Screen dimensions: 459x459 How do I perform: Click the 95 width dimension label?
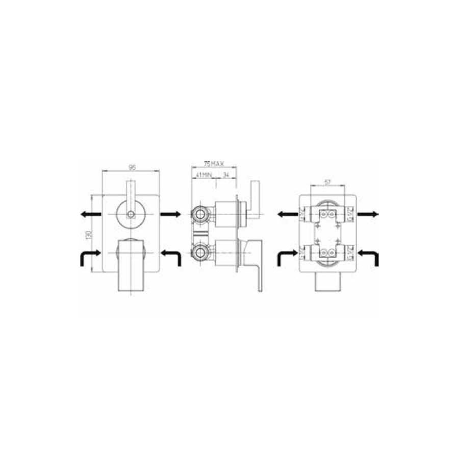pos(132,167)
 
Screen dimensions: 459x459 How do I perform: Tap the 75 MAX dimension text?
pos(214,164)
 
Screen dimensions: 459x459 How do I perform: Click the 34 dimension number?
pos(226,175)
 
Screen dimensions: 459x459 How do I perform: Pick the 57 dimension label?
pos(328,182)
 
